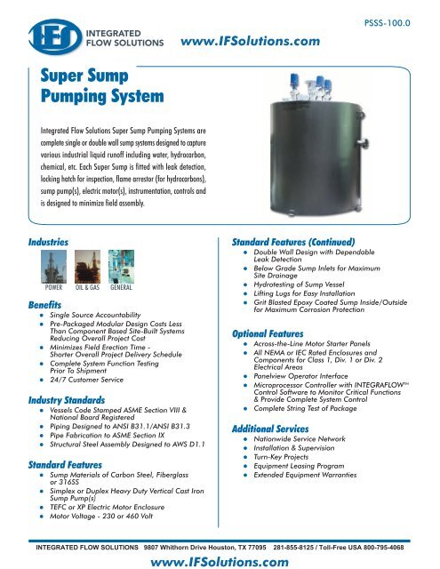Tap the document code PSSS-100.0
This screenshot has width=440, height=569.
pos(400,14)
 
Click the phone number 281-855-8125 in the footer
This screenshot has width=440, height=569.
pos(284,548)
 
